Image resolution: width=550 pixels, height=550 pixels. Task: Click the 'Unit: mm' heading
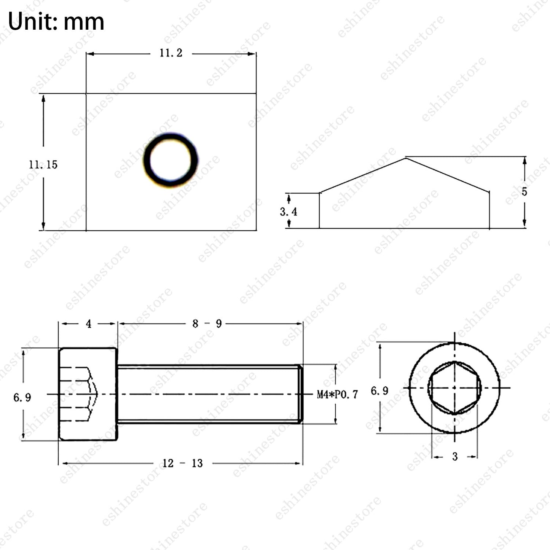pos(56,22)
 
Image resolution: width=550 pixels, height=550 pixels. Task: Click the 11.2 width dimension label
pos(171,53)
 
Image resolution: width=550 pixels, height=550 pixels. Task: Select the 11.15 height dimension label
pos(43,165)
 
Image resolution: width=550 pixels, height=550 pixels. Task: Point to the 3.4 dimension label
pos(288,212)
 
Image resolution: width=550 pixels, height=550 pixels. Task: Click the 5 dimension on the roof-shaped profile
pos(524,191)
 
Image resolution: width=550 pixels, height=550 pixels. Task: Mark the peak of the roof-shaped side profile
pos(405,158)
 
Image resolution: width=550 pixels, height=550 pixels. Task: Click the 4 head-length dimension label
pos(89,324)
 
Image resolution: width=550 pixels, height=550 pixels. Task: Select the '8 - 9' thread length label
pos(207,324)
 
